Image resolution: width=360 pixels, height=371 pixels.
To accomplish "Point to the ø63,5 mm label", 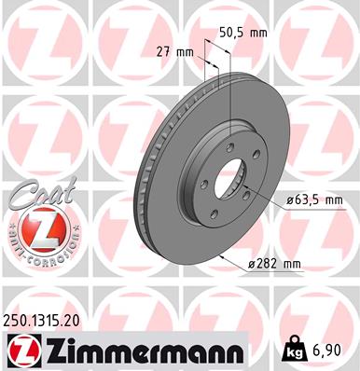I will pos(315,199).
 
